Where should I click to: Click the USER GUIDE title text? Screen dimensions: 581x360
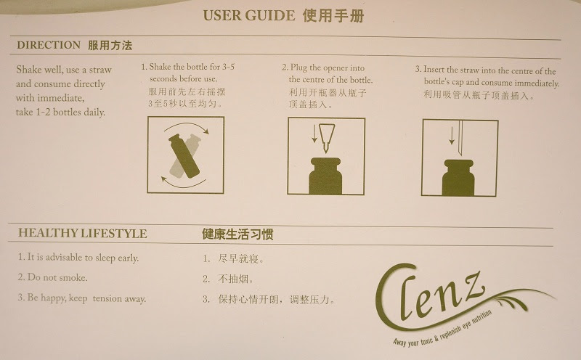248,15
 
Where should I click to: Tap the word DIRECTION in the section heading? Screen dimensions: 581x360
49,45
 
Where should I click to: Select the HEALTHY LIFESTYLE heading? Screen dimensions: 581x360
83,233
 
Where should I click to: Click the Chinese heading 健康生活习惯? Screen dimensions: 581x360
237,234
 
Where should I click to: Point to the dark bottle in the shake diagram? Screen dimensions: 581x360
184,156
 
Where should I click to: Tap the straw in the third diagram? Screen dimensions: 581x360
460,138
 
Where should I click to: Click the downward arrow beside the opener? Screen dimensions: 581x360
314,134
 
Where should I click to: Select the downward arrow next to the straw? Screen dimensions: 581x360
451,136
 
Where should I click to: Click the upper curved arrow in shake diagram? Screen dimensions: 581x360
187,123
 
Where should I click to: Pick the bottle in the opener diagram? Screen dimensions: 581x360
325,176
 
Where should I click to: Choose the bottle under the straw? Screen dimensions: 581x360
458,178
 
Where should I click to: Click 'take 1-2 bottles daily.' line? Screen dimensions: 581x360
60,112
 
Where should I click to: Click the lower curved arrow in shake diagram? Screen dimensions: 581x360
184,184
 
